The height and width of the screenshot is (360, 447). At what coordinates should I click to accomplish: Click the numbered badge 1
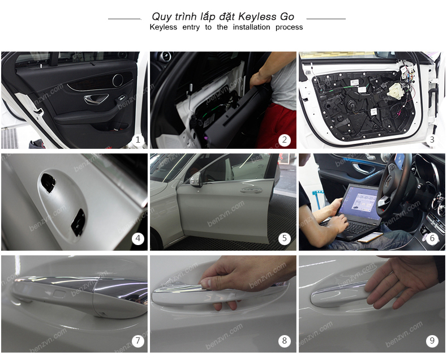pyautogui.click(x=138, y=140)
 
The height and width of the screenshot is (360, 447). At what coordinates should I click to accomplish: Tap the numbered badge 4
pyautogui.click(x=138, y=238)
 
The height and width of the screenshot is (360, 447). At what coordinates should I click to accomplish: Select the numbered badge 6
pyautogui.click(x=432, y=238)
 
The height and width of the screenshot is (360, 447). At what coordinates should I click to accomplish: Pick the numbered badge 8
pyautogui.click(x=285, y=340)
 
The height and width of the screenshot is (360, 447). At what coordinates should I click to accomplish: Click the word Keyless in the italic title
pyautogui.click(x=257, y=16)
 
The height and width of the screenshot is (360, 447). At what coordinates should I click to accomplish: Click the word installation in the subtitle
pyautogui.click(x=251, y=27)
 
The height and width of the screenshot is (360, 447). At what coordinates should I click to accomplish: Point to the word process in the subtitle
pyautogui.click(x=289, y=27)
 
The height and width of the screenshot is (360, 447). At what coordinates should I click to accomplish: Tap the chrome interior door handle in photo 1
pyautogui.click(x=96, y=98)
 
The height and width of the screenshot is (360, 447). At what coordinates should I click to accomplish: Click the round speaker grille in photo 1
pyautogui.click(x=118, y=80)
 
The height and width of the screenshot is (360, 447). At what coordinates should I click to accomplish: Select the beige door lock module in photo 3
pyautogui.click(x=396, y=89)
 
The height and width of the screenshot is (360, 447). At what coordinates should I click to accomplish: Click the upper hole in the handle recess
pyautogui.click(x=48, y=182)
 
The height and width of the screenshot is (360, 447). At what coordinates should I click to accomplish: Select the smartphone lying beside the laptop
pyautogui.click(x=369, y=237)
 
